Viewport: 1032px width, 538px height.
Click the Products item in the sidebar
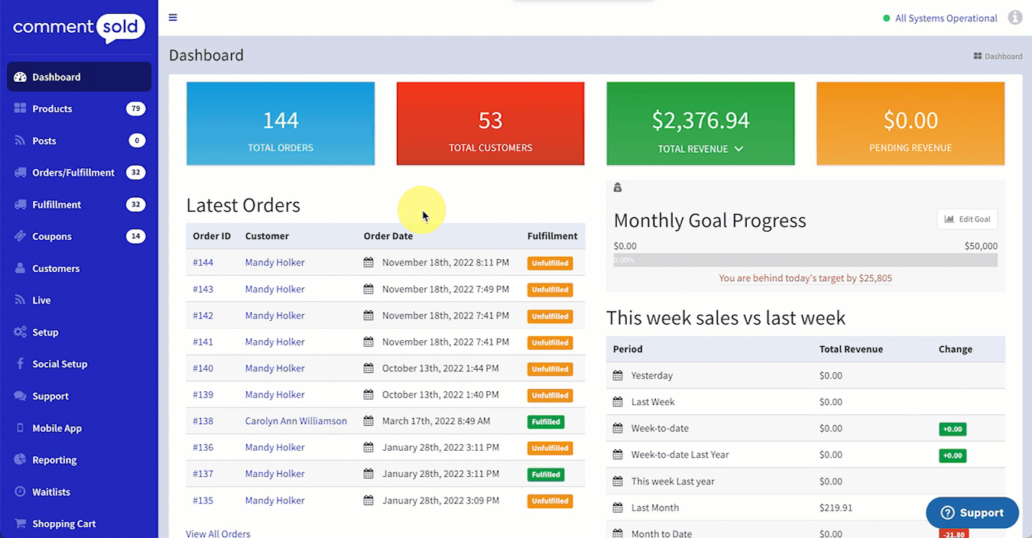(52, 109)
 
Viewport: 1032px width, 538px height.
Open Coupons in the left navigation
(52, 236)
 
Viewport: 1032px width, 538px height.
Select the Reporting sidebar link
(54, 460)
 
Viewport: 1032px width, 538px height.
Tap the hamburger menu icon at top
(173, 18)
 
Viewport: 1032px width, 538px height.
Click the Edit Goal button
(967, 219)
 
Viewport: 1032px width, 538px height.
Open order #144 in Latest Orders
(203, 263)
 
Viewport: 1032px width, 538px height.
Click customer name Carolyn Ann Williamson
(296, 421)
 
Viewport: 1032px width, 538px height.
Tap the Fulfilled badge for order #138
(546, 422)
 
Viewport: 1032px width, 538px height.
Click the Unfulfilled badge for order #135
(550, 501)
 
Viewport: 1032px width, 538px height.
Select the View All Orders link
(218, 533)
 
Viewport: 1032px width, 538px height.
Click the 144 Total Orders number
(281, 121)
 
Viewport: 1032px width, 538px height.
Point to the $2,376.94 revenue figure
(700, 121)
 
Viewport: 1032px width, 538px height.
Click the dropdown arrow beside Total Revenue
(738, 149)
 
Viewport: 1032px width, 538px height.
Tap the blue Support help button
(972, 513)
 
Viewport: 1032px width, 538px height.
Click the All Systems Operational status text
(946, 18)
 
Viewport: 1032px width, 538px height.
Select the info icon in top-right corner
(1015, 18)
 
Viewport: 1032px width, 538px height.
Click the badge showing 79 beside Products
(135, 109)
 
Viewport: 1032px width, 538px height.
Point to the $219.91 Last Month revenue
(836, 507)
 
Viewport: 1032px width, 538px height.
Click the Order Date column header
(388, 236)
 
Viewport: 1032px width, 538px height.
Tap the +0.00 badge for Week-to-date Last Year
(952, 455)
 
